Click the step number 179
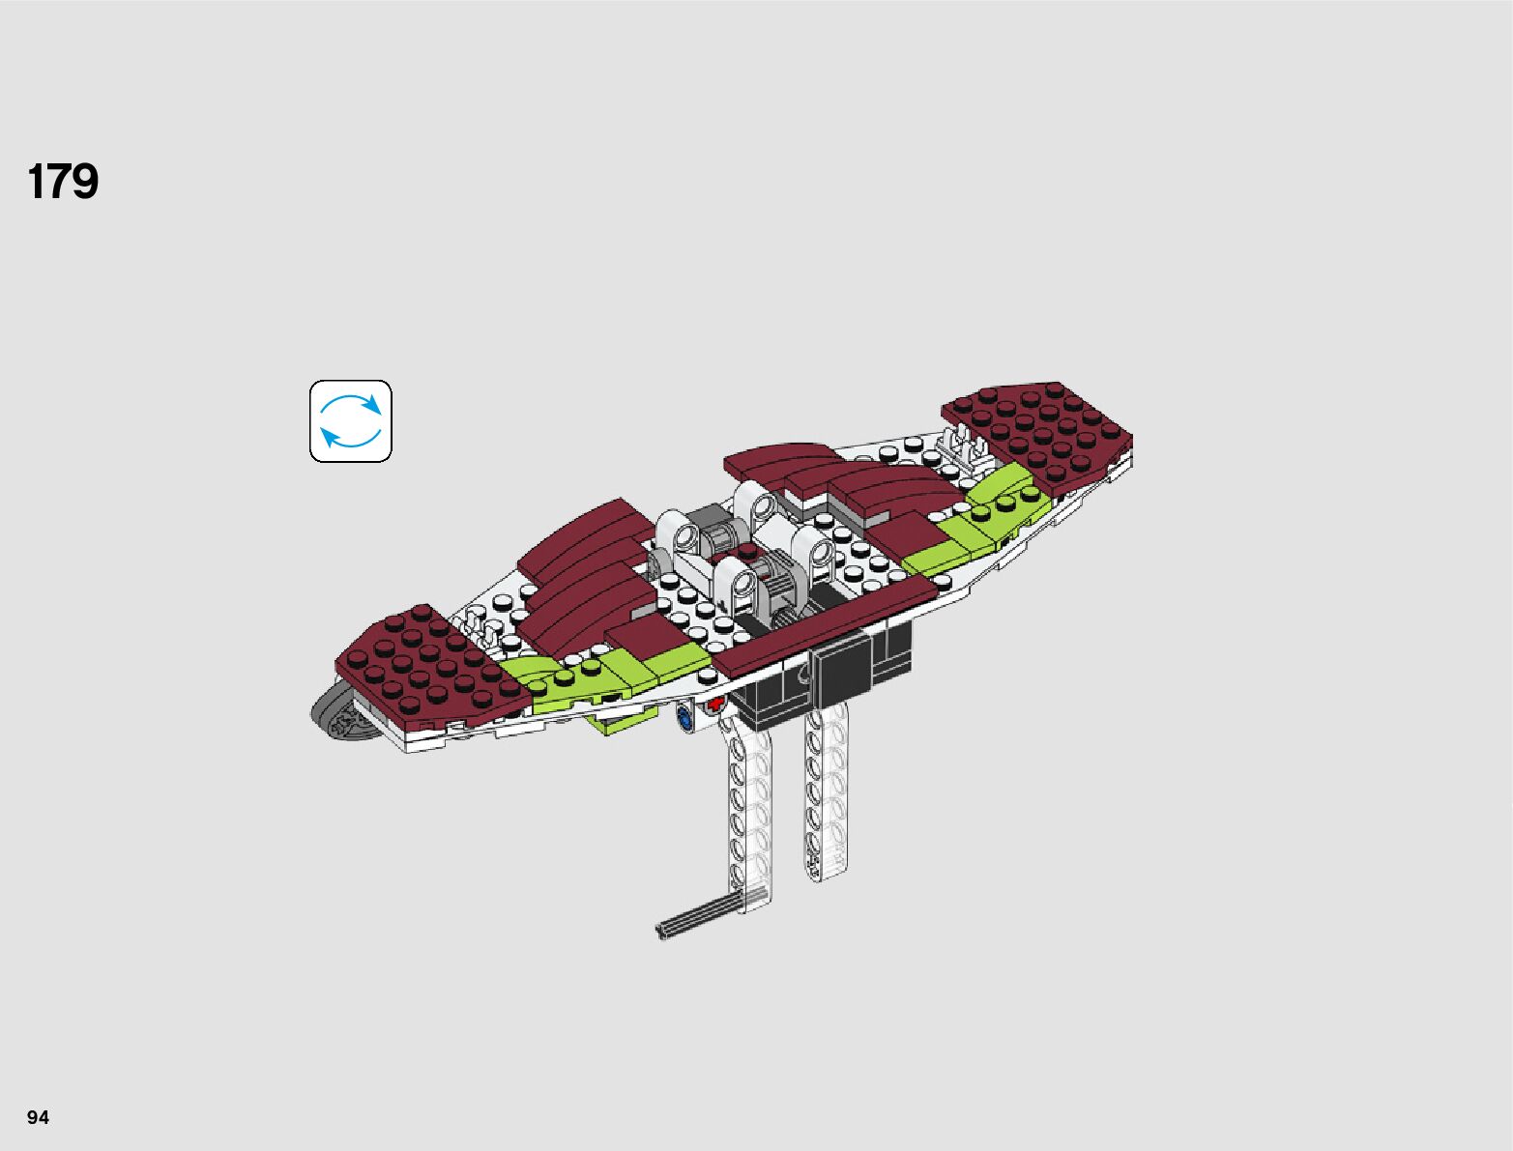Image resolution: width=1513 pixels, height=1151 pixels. [63, 182]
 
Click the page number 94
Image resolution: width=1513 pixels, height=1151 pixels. [38, 1117]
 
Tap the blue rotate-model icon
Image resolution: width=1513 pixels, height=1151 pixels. [350, 421]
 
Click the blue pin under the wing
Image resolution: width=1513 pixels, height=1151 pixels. [684, 718]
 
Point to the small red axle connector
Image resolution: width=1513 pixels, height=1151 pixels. [714, 705]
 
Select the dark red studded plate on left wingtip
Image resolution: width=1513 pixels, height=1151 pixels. [425, 665]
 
